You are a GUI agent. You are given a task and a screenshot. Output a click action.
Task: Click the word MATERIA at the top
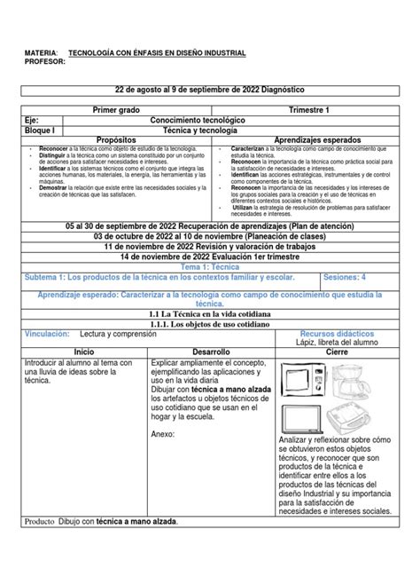tap(43, 54)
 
